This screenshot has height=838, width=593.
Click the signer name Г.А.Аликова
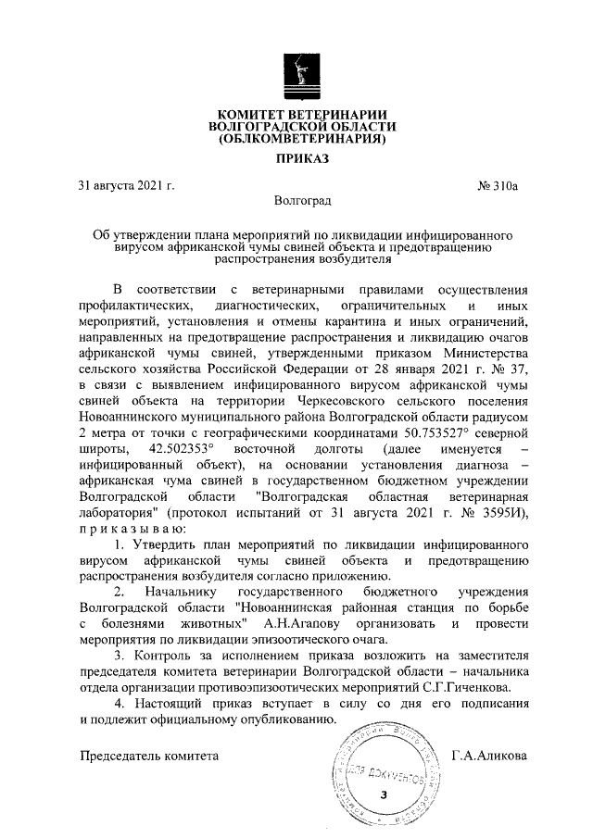point(489,755)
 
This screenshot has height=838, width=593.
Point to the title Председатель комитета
point(150,755)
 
